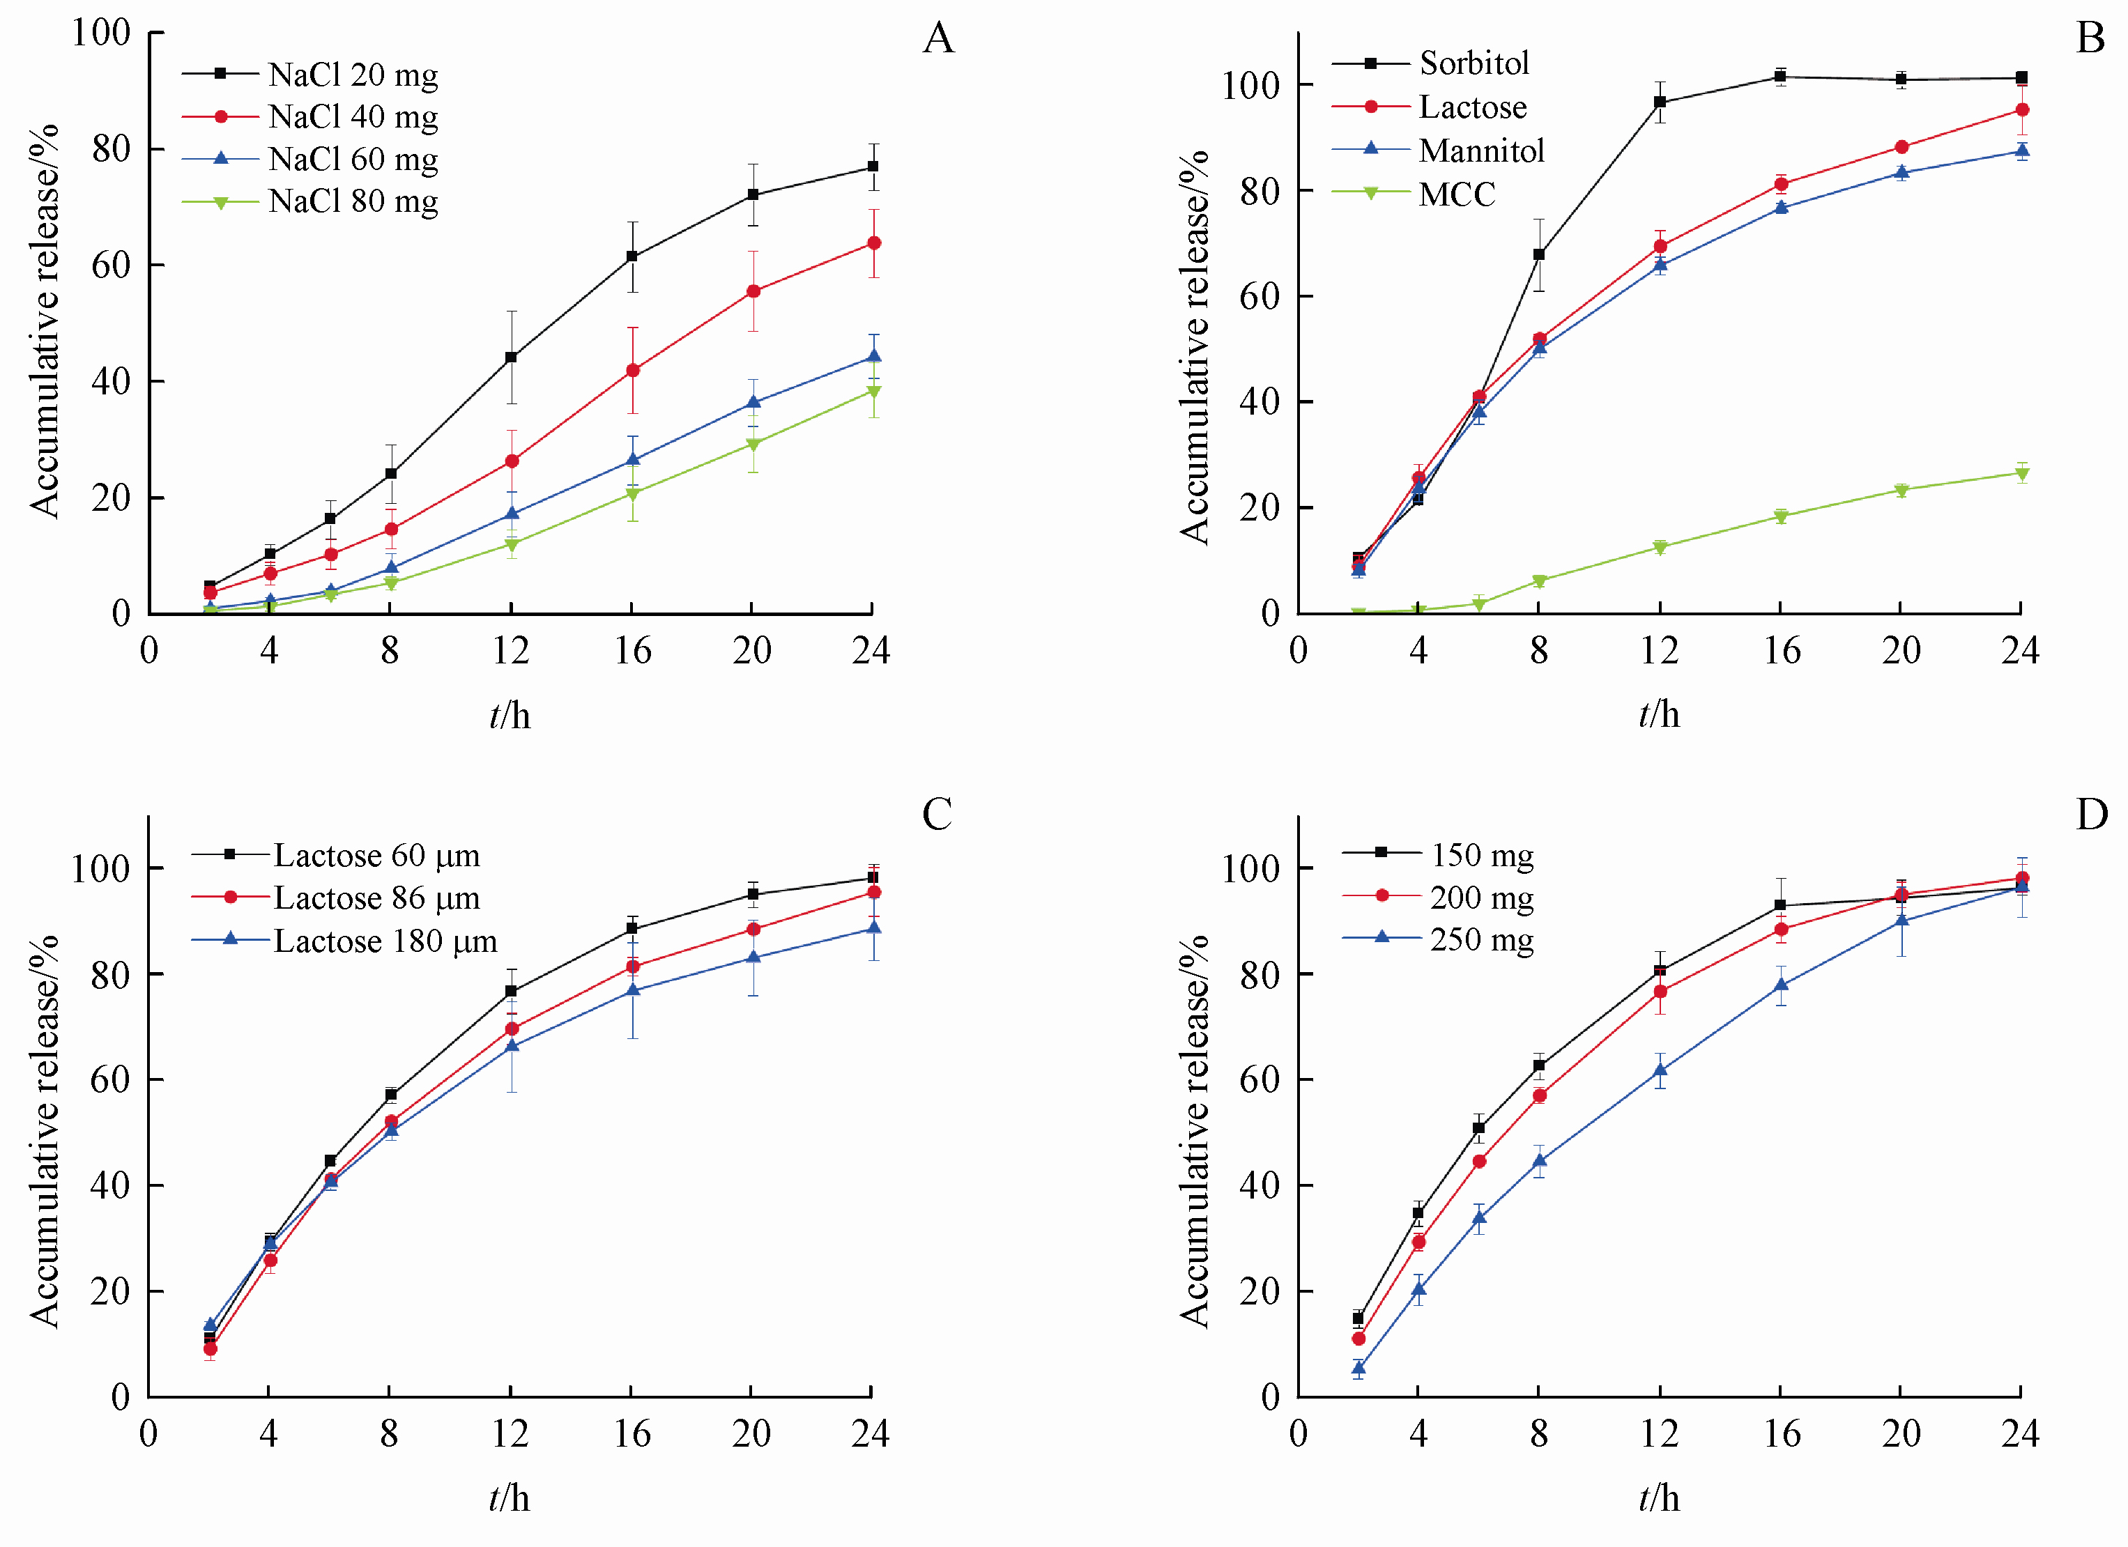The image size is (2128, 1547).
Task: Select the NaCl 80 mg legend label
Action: coord(353,201)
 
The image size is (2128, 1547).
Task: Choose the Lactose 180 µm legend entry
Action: coord(385,940)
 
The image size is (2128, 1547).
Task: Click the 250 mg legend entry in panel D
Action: coord(1482,939)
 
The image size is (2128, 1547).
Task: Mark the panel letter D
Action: coord(2092,815)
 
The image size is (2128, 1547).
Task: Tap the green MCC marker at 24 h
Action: coord(2022,474)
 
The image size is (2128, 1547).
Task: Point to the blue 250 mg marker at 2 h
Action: coord(1358,1369)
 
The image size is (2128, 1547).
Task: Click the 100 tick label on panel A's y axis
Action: coord(100,33)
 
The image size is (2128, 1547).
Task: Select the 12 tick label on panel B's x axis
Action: coord(1659,650)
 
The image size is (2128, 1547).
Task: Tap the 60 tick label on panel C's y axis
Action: coord(109,1080)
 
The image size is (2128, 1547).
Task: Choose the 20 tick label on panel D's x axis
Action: coord(1901,1433)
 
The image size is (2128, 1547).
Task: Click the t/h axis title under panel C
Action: coord(510,1499)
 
